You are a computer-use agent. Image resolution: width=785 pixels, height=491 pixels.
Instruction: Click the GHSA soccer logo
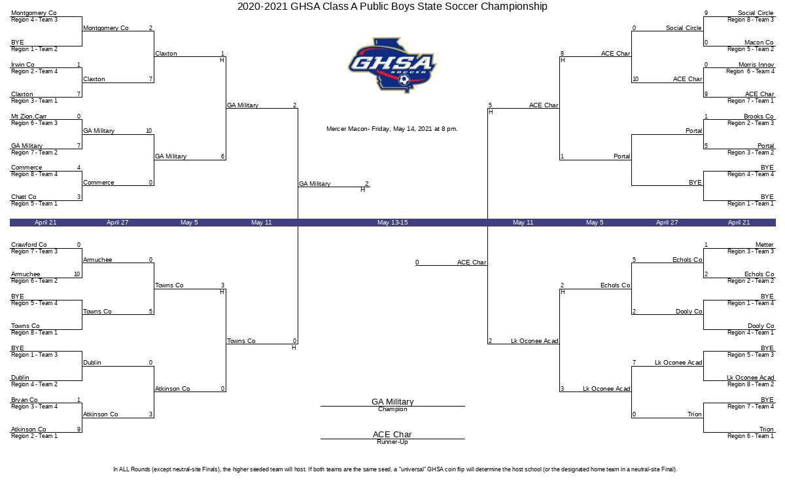coord(392,65)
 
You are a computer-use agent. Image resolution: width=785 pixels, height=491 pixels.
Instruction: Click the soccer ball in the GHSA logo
coord(404,80)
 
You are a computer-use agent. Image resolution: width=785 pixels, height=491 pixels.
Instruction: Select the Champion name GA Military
coord(392,401)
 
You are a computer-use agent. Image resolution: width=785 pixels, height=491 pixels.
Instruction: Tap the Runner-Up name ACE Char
coord(392,434)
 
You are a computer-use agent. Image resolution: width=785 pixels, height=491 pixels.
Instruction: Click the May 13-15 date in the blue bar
coord(392,223)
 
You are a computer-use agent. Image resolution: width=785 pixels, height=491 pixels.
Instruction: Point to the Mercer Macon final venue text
coord(392,129)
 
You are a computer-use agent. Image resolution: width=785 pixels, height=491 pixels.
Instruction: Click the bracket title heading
coord(392,7)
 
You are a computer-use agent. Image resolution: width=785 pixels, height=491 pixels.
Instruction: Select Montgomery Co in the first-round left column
coord(33,13)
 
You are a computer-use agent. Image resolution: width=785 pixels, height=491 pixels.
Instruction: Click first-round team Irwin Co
coord(23,65)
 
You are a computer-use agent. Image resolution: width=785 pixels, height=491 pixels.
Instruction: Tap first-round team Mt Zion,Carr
coord(29,116)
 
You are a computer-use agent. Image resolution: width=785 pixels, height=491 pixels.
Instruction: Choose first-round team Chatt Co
coord(24,197)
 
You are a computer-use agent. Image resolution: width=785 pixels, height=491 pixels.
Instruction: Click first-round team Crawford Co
coord(29,244)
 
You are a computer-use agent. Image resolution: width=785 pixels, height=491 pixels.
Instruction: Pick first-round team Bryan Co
coord(24,400)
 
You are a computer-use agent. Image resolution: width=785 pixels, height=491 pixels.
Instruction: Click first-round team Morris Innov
coord(756,65)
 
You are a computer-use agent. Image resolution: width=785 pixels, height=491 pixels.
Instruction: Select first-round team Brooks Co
coord(758,116)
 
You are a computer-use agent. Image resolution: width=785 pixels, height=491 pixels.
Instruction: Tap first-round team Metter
coord(764,244)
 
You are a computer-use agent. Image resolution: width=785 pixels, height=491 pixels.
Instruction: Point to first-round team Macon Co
coord(759,43)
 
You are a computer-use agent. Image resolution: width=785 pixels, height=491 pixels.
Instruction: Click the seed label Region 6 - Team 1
coord(750,436)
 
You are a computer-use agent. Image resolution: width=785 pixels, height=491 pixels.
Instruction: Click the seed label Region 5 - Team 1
coord(34,204)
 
